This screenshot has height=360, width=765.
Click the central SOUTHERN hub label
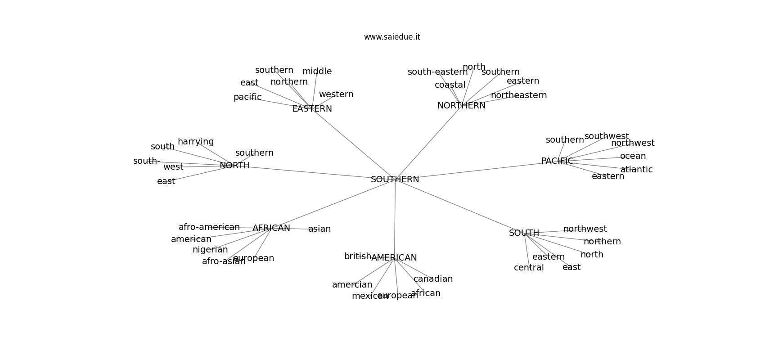[x=395, y=180]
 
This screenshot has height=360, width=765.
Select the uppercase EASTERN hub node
[x=312, y=109]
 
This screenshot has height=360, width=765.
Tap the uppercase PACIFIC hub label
[x=557, y=161]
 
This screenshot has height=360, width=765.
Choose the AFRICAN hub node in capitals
[x=271, y=228]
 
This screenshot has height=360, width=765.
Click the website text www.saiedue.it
[x=392, y=37]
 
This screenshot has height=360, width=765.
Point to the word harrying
[x=196, y=142]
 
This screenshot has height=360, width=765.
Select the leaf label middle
[x=317, y=72]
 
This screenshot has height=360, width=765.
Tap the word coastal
[x=450, y=85]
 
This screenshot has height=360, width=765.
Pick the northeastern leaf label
[x=519, y=95]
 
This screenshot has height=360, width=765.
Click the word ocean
[x=633, y=156]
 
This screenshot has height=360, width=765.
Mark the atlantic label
[x=636, y=170]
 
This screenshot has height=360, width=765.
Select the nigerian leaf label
[x=210, y=250]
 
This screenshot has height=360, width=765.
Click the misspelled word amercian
[x=352, y=285]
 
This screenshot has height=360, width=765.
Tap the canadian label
[x=433, y=279]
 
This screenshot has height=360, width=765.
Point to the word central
[x=529, y=268]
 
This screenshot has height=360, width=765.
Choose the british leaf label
[x=357, y=256]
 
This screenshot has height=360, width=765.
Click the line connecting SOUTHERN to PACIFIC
[x=477, y=171]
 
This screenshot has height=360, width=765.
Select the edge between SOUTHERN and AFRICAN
[x=333, y=204]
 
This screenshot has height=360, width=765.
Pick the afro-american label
[x=209, y=227]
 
